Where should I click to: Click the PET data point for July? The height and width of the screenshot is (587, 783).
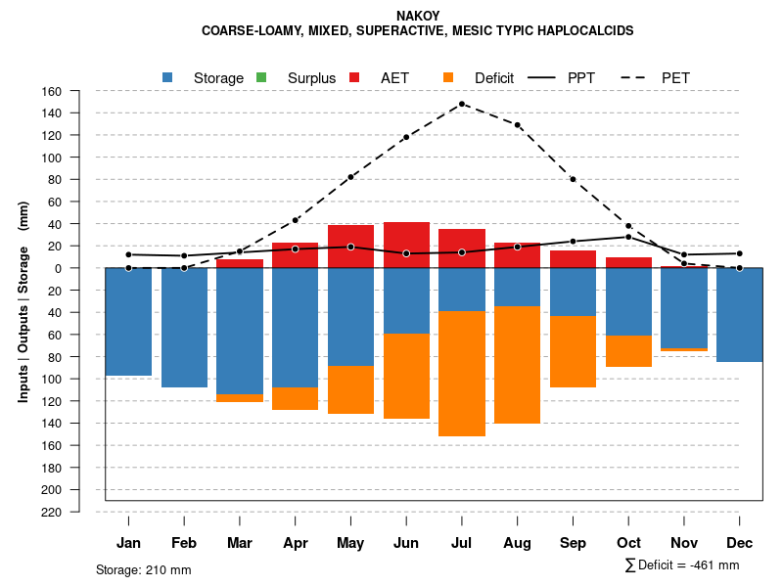pos(461,104)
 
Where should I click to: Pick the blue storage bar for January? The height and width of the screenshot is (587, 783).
pos(128,321)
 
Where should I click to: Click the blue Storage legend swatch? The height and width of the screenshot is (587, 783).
pos(167,77)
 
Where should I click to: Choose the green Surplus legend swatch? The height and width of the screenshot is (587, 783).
pos(261,77)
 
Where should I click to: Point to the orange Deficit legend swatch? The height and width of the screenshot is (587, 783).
pos(448,77)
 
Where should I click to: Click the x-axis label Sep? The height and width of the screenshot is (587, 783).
pos(573,543)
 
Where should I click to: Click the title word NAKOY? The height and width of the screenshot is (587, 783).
pos(418,16)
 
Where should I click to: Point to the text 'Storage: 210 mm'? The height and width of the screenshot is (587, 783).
pos(144,569)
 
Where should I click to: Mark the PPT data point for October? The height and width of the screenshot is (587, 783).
pos(628,237)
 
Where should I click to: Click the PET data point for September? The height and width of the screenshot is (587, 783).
pos(573,179)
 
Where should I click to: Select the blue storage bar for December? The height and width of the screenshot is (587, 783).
pos(740,315)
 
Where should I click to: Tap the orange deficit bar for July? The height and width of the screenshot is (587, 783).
pos(462,373)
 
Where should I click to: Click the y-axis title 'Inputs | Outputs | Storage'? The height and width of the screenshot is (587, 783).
pos(23,303)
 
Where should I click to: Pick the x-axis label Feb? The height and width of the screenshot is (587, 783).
pos(184,543)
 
